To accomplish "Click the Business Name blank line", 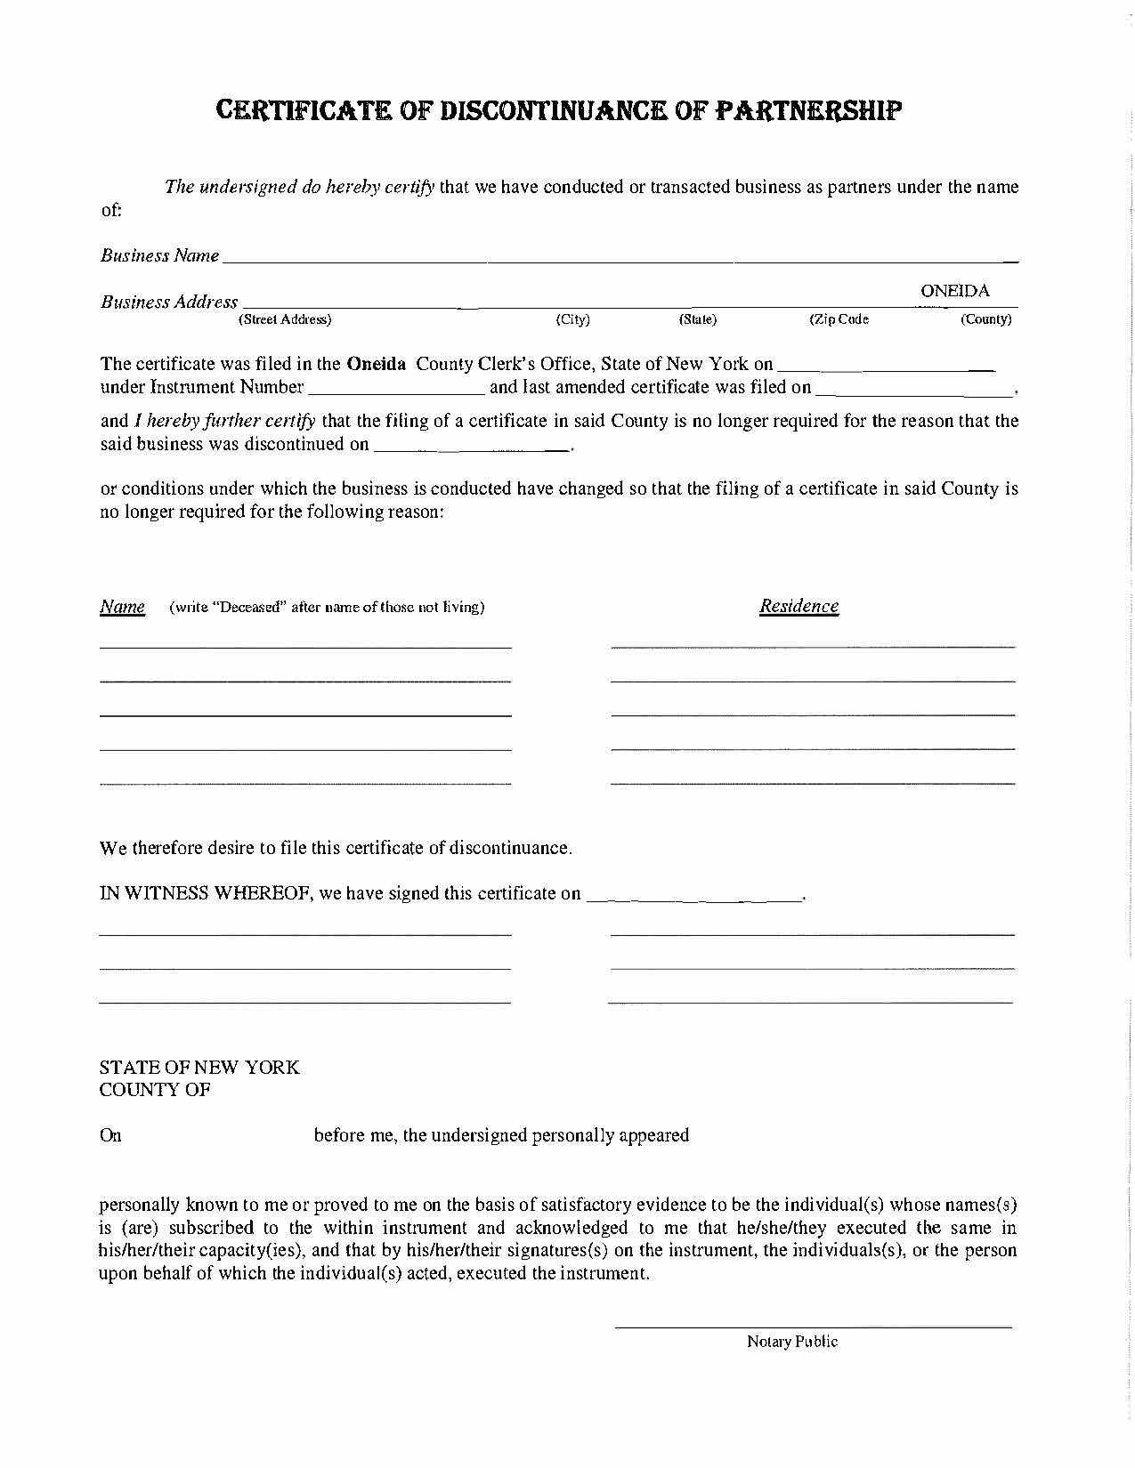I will (x=619, y=259).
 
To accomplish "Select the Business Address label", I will (x=168, y=302).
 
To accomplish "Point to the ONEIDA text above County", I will (x=954, y=291).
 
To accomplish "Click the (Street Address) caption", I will (x=285, y=319).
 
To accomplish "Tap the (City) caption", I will (x=572, y=319).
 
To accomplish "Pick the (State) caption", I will (x=697, y=319).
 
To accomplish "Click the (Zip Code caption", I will (x=838, y=319).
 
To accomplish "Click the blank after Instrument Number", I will (x=396, y=389).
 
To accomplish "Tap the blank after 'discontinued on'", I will (x=472, y=447).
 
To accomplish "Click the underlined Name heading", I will (x=122, y=607).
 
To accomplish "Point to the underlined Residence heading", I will (x=799, y=606).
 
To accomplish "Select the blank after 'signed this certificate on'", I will (x=694, y=896).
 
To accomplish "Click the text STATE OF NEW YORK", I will (x=199, y=1067).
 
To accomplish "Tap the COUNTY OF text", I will (x=155, y=1090).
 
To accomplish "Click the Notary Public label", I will (x=791, y=1342).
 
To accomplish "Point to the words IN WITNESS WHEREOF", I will (x=205, y=893).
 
